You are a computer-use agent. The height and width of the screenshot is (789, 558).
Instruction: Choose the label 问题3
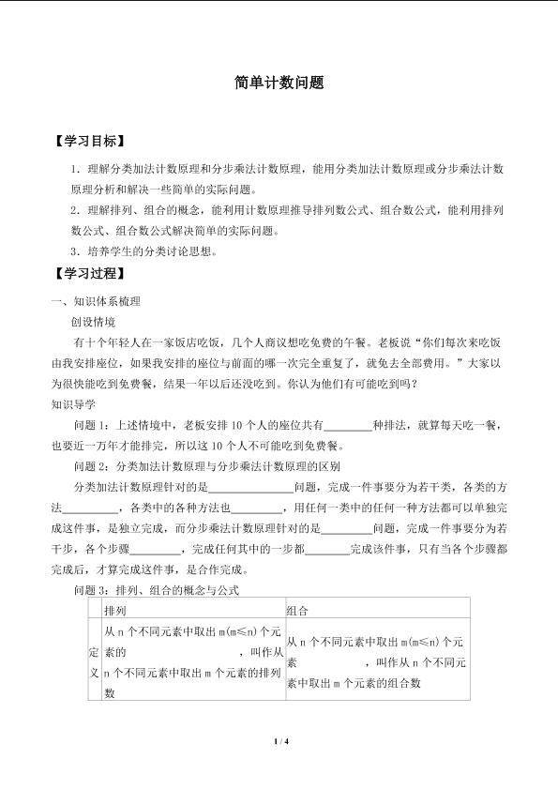coord(90,591)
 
